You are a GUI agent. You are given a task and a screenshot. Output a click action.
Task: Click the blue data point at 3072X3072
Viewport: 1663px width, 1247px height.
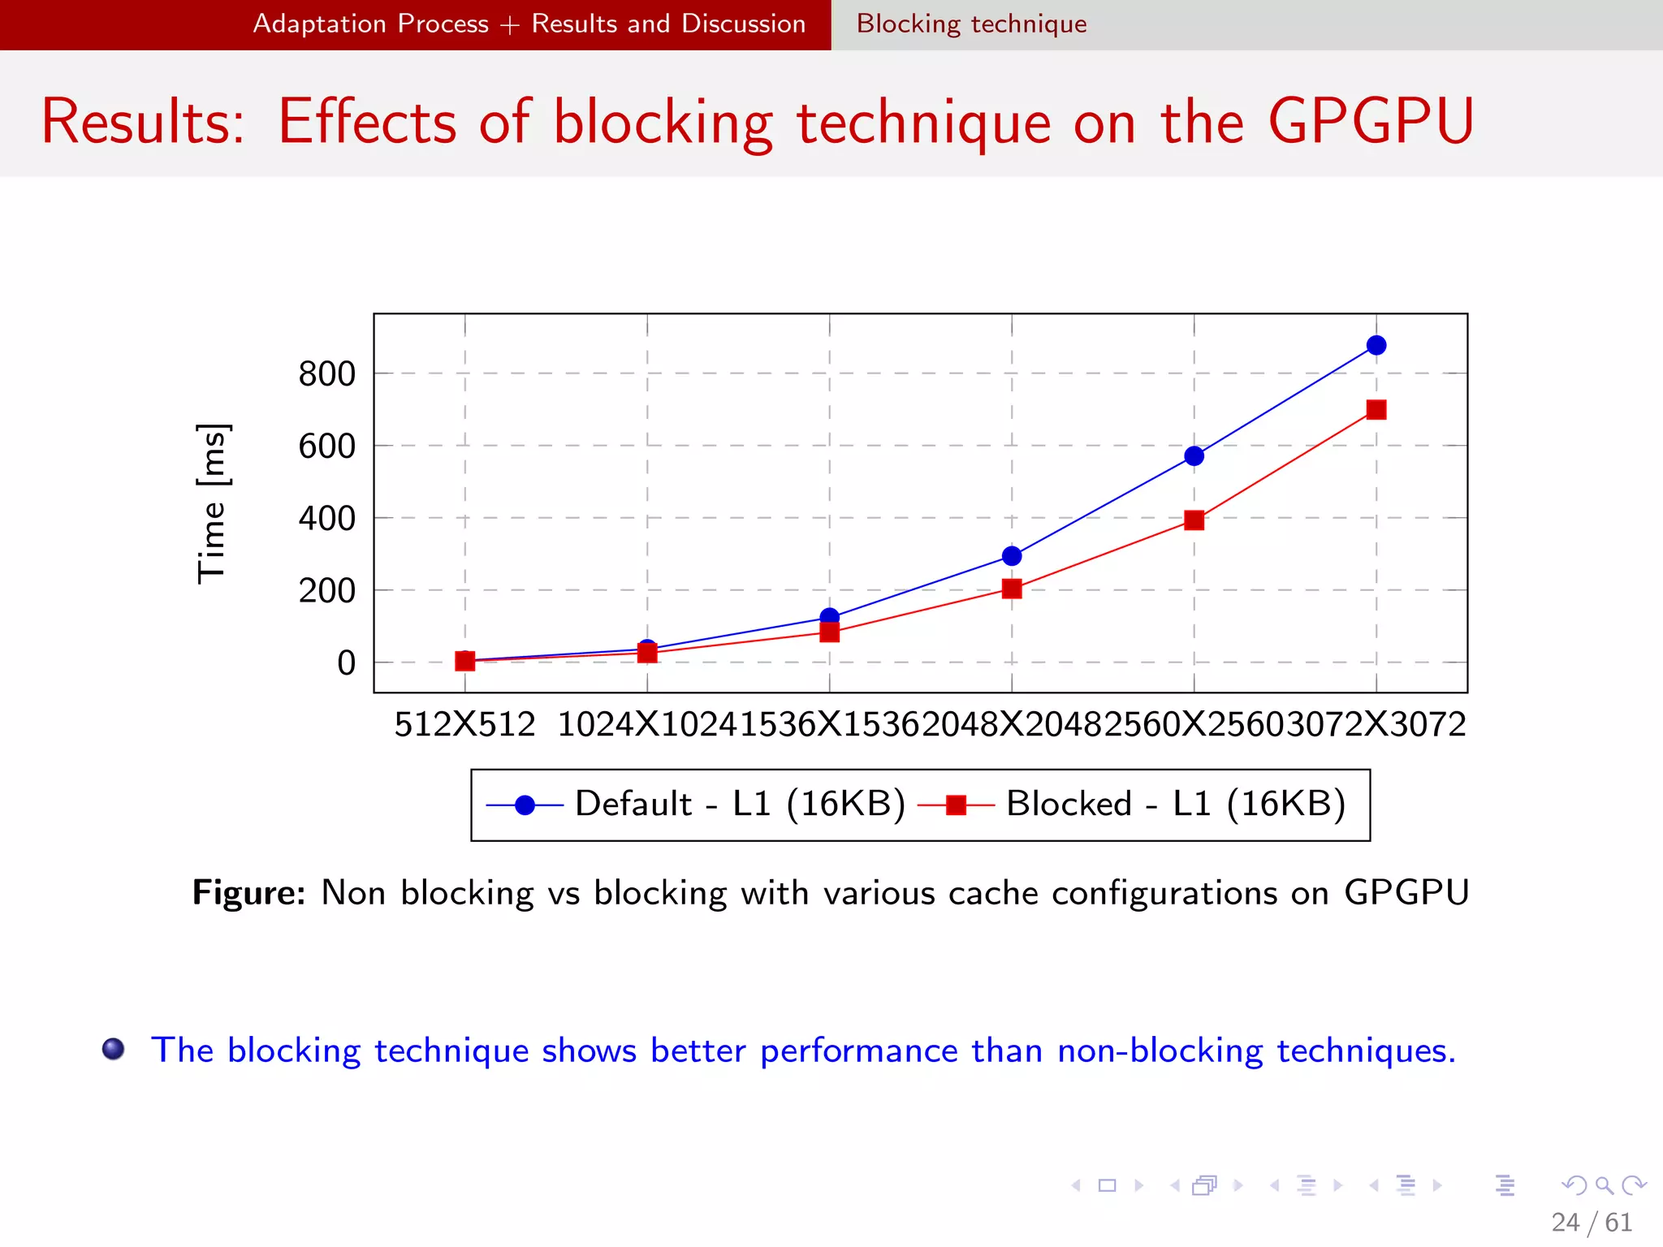point(1376,346)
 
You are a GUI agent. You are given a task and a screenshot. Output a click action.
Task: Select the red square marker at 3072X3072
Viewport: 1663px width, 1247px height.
point(1376,410)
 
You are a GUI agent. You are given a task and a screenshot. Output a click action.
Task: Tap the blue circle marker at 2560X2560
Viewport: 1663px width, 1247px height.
point(1194,456)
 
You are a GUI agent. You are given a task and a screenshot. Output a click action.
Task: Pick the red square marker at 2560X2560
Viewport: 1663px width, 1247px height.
point(1194,520)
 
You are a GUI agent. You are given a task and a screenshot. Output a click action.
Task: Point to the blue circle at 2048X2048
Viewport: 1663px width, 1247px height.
point(1012,556)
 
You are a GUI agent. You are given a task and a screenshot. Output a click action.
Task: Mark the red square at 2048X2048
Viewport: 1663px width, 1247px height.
point(1012,589)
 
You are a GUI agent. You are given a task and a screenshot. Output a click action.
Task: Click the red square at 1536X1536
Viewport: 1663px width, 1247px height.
point(829,632)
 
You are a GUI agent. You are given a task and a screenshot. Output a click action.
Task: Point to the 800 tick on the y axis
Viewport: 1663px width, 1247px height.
point(326,374)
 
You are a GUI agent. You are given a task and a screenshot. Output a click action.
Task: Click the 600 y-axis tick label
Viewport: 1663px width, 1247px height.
point(326,447)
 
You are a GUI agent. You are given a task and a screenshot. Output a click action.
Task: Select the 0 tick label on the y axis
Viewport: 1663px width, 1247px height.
point(347,663)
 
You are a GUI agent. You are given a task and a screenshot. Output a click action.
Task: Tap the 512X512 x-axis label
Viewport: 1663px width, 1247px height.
point(464,724)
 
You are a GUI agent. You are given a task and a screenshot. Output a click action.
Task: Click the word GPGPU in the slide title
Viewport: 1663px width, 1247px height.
point(1371,122)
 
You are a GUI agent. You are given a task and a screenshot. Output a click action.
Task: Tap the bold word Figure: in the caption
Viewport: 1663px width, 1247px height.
point(248,892)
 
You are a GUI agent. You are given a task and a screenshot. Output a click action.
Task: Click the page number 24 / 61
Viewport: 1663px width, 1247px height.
point(1592,1222)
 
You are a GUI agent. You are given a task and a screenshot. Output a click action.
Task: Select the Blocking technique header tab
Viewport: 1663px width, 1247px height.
point(971,24)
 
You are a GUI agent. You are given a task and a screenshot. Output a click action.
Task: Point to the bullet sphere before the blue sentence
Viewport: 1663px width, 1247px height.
point(114,1049)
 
